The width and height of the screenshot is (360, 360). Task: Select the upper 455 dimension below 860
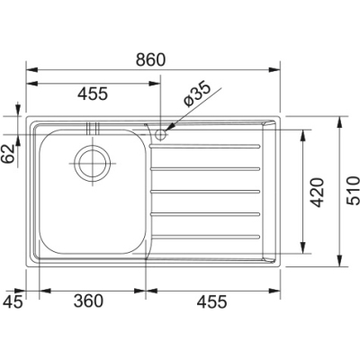tap(92, 93)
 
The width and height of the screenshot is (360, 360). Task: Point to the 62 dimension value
tap(10, 153)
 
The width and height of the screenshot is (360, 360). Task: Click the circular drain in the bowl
tap(92, 163)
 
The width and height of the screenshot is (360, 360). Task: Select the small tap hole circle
tap(159, 134)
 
